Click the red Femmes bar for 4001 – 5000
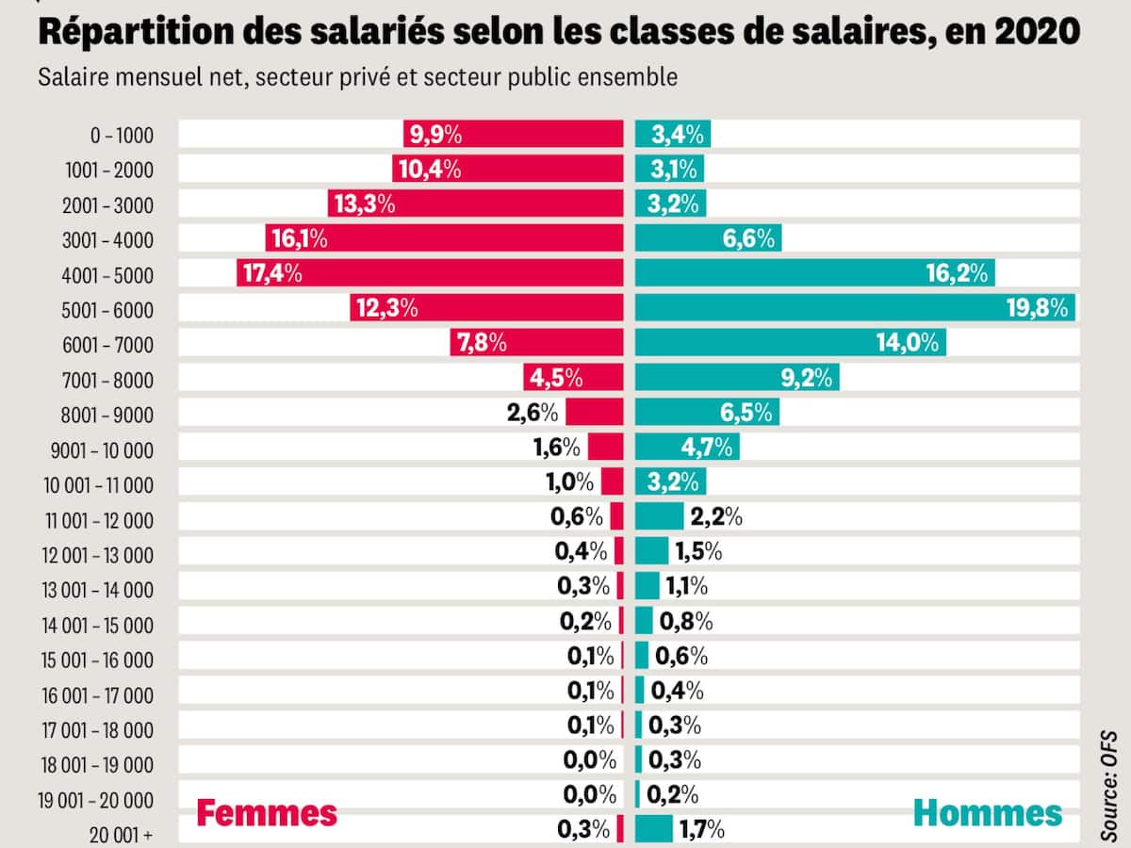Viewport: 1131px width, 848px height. click(x=452, y=273)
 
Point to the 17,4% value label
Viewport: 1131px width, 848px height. click(x=271, y=273)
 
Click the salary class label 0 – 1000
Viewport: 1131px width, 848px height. click(x=121, y=135)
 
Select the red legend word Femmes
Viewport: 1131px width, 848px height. click(x=266, y=813)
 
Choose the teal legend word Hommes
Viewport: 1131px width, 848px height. click(x=988, y=813)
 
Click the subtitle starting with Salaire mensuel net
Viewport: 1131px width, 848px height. click(x=358, y=77)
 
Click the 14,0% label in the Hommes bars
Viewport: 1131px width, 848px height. click(x=909, y=343)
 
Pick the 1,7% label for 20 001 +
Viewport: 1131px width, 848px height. click(x=701, y=830)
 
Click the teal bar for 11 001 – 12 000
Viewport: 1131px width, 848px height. click(x=659, y=516)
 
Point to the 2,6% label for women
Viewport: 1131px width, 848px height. click(x=533, y=413)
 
